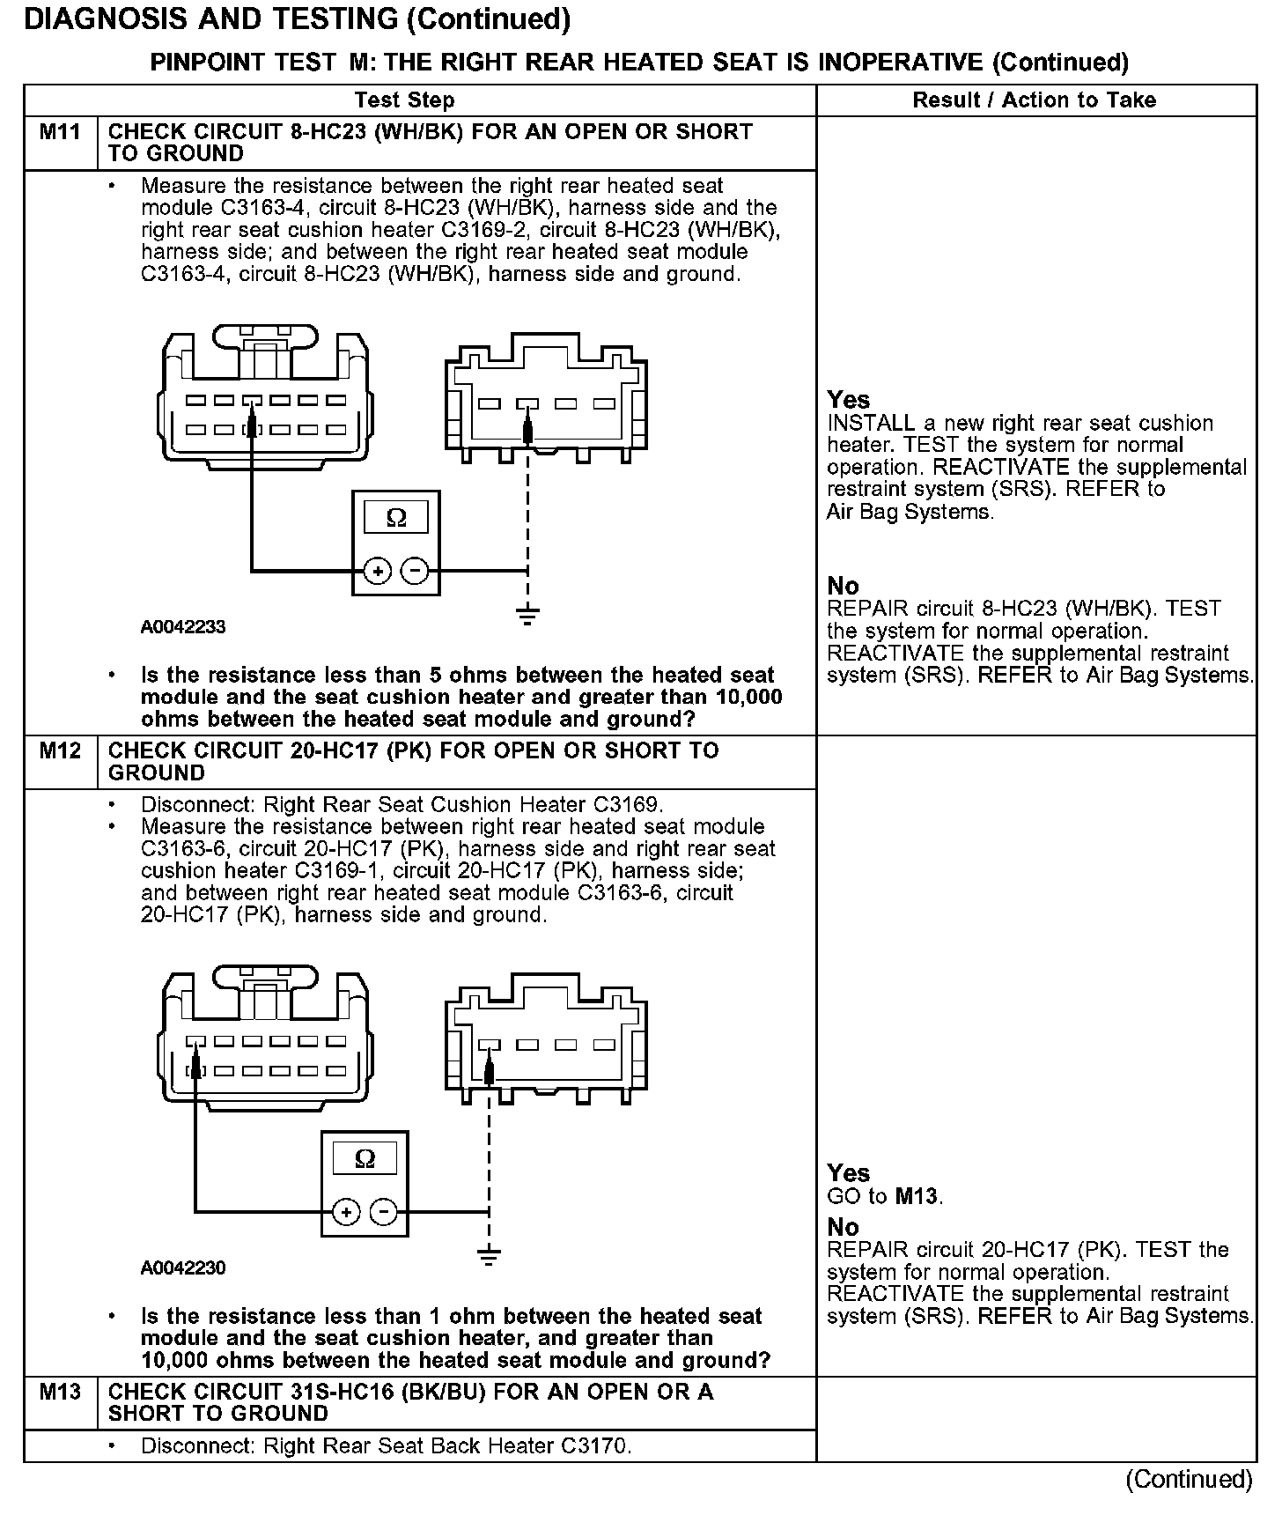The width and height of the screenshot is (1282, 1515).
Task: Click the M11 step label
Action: (x=60, y=133)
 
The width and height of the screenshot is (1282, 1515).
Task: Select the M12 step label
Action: (x=60, y=751)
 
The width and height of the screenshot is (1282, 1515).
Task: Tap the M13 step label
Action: (x=60, y=1393)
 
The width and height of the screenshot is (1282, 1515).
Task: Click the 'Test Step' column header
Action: (x=404, y=100)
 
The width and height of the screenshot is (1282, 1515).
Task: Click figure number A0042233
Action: (x=183, y=627)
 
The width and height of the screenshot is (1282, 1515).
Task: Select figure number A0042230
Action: (x=183, y=1268)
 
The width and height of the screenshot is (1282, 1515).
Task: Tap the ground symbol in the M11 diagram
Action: (x=527, y=615)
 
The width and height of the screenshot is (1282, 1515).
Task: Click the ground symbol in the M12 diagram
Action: (x=489, y=1256)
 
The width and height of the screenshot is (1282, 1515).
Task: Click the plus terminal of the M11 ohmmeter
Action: (x=378, y=572)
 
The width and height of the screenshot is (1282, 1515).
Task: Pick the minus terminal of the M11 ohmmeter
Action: (x=415, y=572)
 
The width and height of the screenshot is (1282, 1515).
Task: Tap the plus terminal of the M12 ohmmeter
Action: (x=346, y=1213)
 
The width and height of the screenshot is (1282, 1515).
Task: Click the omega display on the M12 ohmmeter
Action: (x=365, y=1159)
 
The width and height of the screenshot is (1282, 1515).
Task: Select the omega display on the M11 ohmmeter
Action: (x=396, y=518)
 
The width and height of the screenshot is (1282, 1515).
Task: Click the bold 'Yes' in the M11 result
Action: (x=849, y=400)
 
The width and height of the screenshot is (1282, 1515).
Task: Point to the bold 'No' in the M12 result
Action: (x=843, y=1227)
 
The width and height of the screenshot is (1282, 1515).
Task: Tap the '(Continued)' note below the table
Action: (x=1189, y=1479)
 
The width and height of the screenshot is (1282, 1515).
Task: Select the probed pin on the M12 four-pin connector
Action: (x=490, y=1046)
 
